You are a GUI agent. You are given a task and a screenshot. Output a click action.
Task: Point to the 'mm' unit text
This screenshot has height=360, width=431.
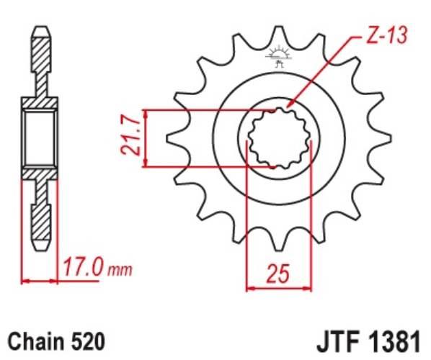pyautogui.click(x=120, y=271)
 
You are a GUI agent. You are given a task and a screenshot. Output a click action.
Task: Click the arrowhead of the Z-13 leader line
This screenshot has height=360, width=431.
pyautogui.click(x=288, y=107)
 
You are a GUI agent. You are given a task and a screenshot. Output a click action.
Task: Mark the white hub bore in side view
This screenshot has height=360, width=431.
pyautogui.click(x=40, y=138)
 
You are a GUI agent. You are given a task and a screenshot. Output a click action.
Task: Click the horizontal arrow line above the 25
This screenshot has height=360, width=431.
pyautogui.click(x=280, y=289)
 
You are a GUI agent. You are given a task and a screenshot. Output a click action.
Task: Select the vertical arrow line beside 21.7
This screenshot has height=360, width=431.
pyautogui.click(x=146, y=138)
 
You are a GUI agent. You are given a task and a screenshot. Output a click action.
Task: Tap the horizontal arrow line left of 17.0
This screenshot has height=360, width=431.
pyautogui.click(x=40, y=281)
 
